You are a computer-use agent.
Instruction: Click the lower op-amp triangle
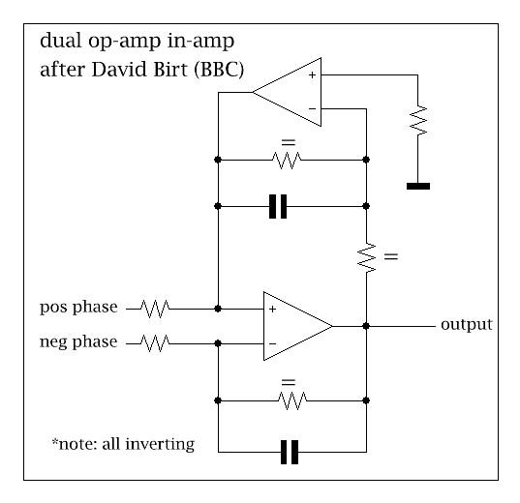point(293,326)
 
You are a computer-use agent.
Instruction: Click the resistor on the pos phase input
point(155,309)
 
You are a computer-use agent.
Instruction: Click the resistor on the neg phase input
point(155,342)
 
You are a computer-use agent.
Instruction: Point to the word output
point(466,324)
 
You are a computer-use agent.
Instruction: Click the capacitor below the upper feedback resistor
point(279,206)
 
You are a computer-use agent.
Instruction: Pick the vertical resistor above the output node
point(367,256)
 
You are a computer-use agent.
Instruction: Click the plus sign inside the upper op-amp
point(311,73)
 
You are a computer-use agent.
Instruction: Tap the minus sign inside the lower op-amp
point(272,343)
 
